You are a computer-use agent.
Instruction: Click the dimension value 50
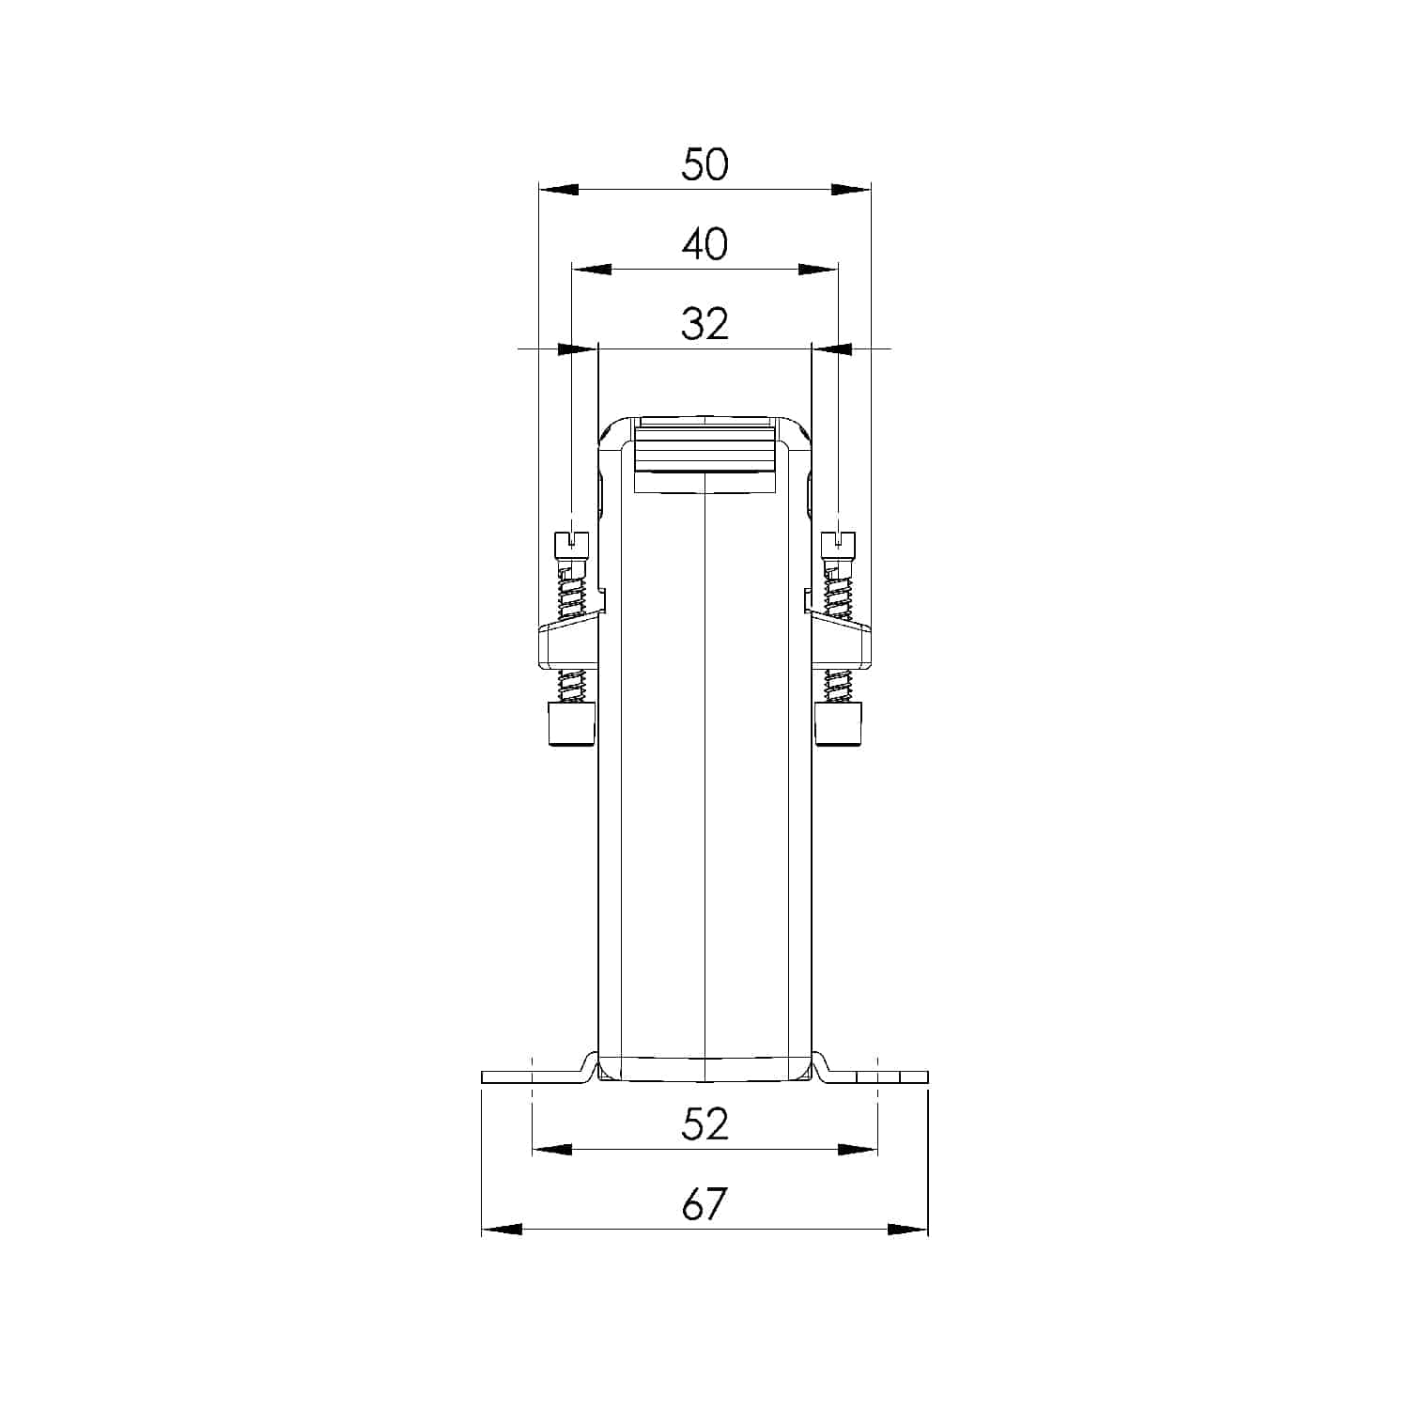[x=704, y=164]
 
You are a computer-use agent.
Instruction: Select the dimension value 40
[x=704, y=244]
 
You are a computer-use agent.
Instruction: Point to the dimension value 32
[x=704, y=324]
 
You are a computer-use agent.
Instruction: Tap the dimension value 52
[x=704, y=1124]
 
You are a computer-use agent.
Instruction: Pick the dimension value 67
[x=704, y=1204]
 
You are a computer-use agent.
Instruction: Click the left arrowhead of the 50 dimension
[x=558, y=190]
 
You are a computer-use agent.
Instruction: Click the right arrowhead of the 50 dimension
[x=851, y=190]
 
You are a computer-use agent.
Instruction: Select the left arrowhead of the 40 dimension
[x=592, y=270]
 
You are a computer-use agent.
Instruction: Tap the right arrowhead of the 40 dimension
[x=817, y=270]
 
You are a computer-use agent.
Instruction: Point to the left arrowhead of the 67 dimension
[x=502, y=1229]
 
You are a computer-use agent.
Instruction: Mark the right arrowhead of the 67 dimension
[x=908, y=1229]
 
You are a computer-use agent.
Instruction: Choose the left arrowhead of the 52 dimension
[x=552, y=1149]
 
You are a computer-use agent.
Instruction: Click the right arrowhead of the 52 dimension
[x=858, y=1149]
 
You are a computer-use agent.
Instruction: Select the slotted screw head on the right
[x=838, y=542]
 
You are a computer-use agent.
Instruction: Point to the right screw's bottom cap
[x=838, y=724]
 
